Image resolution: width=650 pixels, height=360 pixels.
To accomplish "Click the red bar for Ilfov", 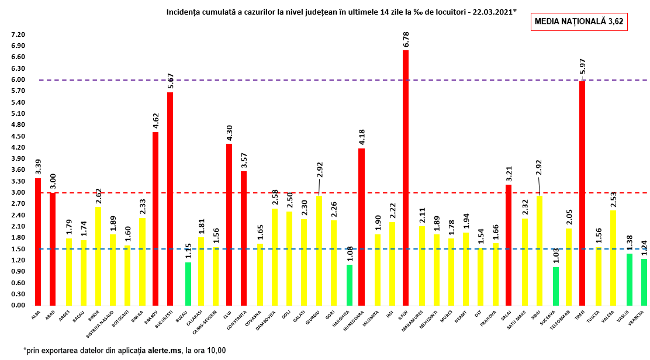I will pos(406,178).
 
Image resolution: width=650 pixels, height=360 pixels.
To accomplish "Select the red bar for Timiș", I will pos(582,193).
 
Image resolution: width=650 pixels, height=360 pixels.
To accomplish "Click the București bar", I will pos(170,199).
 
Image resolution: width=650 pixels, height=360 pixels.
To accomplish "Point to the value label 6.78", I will pos(406,39).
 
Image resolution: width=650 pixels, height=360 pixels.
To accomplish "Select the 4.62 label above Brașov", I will pos(155,120).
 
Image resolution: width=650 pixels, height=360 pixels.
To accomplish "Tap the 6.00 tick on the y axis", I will pos(18,80).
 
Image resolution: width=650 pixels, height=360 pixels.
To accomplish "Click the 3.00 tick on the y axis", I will pos(18,193).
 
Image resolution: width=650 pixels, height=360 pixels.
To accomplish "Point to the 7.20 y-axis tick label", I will pos(18,34).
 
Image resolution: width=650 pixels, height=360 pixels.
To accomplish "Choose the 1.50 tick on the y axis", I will pos(18,249).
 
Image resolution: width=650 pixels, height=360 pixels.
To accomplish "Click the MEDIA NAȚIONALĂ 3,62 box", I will pos(579,22).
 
